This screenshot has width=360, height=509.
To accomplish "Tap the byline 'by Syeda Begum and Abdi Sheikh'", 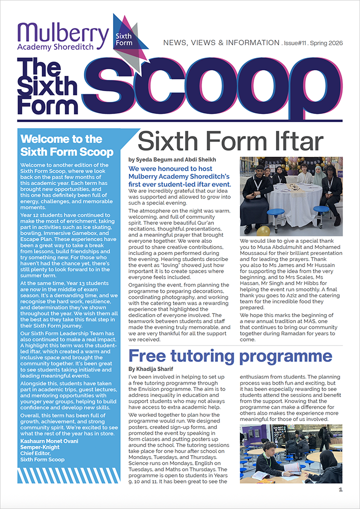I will (172, 160).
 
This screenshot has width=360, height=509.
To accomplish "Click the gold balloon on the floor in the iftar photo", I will (263, 230).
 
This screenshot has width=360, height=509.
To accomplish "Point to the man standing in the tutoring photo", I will (324, 439).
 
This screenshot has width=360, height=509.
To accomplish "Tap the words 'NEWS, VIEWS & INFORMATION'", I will (221, 44).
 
